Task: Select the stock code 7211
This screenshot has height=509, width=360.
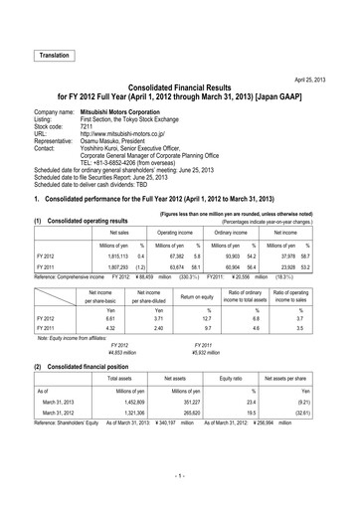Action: coord(89,127)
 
